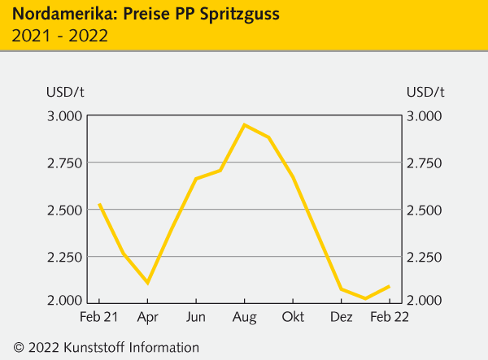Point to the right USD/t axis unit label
pos(425,90)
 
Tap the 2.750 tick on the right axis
pos(425,163)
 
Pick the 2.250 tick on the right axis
pos(425,258)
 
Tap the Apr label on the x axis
pos(147,315)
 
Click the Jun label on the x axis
pos(195,315)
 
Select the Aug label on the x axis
pos(244,315)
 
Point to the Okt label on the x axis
pos(293,315)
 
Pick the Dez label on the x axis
pos(341,315)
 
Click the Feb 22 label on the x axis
pos(389,315)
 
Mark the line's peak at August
pos(244,124)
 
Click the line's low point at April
pos(147,283)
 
